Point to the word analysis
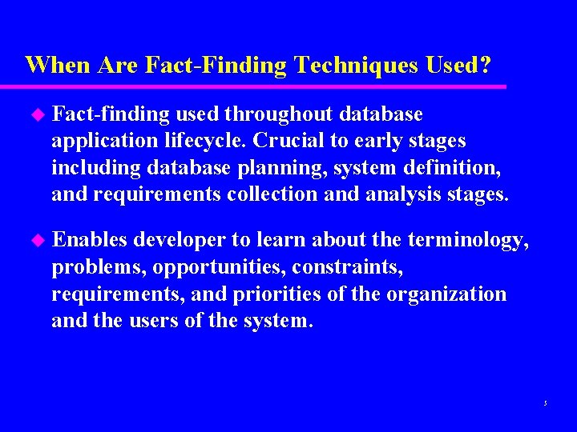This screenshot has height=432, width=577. pos(417,194)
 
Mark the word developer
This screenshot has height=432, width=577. pos(181,240)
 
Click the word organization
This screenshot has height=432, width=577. pos(446,294)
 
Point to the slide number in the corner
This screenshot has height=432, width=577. pos(544,402)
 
